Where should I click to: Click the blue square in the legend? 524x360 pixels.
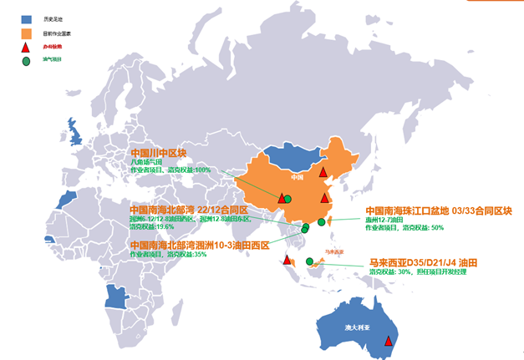click(27, 18)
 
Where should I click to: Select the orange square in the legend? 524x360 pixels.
click(27, 33)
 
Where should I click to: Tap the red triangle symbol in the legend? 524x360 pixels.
click(27, 48)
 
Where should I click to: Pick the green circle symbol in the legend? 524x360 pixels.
click(27, 63)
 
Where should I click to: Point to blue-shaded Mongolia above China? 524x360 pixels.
click(288, 160)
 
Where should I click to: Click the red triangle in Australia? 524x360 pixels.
click(388, 341)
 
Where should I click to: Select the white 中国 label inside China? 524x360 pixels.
click(297, 177)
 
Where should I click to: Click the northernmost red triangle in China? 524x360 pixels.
click(323, 172)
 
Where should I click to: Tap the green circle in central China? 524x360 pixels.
click(287, 199)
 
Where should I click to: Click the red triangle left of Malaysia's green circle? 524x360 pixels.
click(287, 261)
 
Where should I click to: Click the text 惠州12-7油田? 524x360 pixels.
click(385, 219)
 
